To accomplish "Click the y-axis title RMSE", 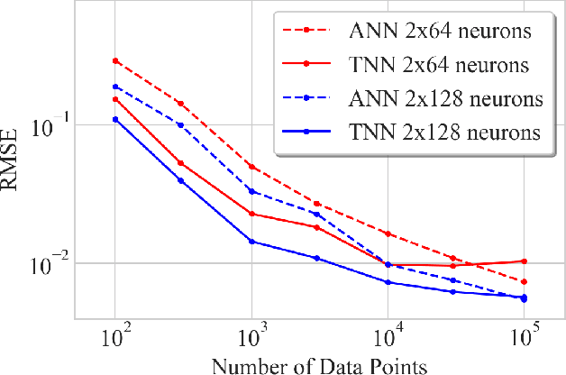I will (15, 160).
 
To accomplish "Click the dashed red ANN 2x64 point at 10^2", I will (115, 60).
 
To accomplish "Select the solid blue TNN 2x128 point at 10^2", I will (115, 119).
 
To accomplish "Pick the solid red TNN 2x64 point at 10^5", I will (524, 261).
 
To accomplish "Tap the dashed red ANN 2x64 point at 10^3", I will (251, 167).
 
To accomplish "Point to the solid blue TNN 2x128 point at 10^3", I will (251, 242).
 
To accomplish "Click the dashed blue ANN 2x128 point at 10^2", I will (115, 87).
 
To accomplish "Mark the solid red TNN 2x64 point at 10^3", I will (251, 214).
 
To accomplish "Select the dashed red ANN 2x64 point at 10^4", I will (388, 233).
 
